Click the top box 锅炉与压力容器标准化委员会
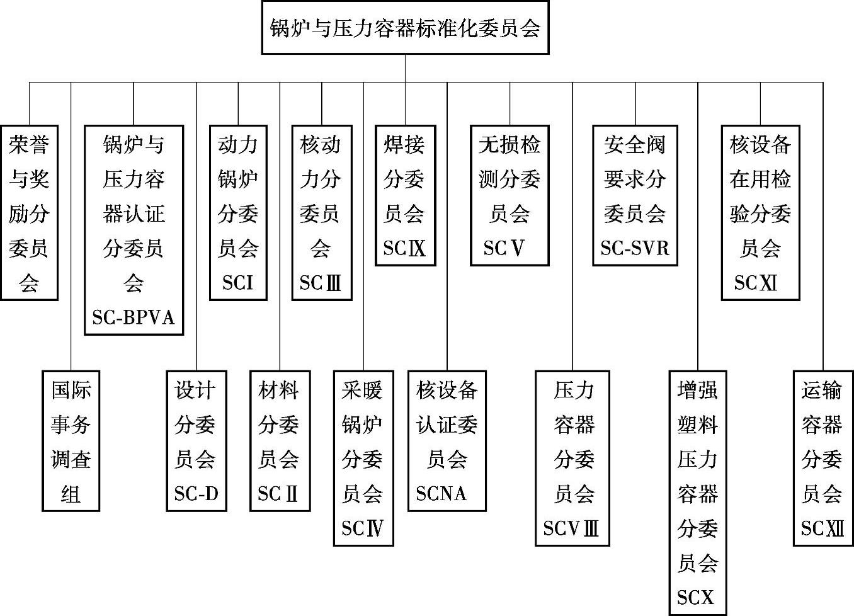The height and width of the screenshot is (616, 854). coord(405,28)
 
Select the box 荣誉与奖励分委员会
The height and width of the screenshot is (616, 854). coord(29,212)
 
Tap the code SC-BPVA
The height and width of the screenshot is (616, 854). coord(134,317)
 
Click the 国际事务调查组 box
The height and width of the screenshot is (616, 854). coord(71,440)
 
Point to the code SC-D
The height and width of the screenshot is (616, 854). coord(196,494)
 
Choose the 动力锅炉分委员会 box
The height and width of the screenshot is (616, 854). coord(238,212)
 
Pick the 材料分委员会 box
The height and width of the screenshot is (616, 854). coord(279,440)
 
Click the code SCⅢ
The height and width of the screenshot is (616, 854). coord(321,283)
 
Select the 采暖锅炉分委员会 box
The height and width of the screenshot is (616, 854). coord(363,457)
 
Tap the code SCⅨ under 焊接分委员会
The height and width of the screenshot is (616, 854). coord(404,248)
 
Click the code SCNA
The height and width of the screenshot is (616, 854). coord(441,494)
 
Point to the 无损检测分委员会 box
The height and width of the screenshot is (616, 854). coord(510,195)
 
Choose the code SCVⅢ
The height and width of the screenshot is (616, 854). coord(571,528)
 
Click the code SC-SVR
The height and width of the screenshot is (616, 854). coord(635,248)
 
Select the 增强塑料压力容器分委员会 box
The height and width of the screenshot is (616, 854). coord(698,493)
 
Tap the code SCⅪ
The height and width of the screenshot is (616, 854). coord(756,283)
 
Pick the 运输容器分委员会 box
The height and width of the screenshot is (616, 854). coord(822,457)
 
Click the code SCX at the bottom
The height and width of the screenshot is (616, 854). coord(696,597)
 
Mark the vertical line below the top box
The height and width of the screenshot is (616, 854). coord(405,68)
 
